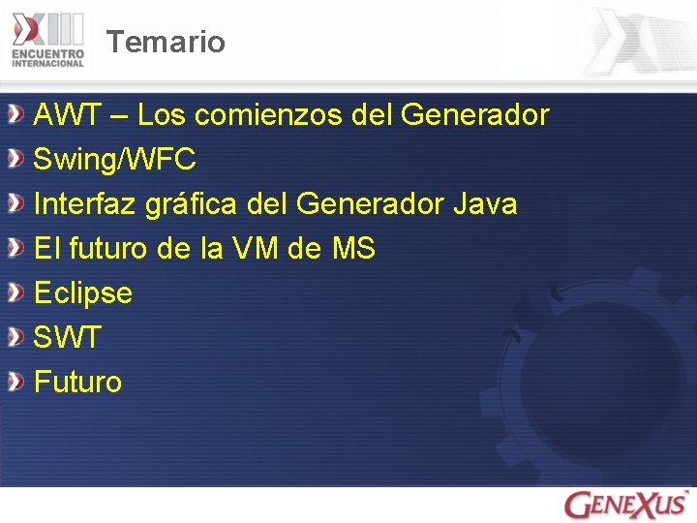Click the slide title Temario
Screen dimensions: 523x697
click(x=166, y=43)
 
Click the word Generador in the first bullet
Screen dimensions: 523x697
click(x=474, y=116)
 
